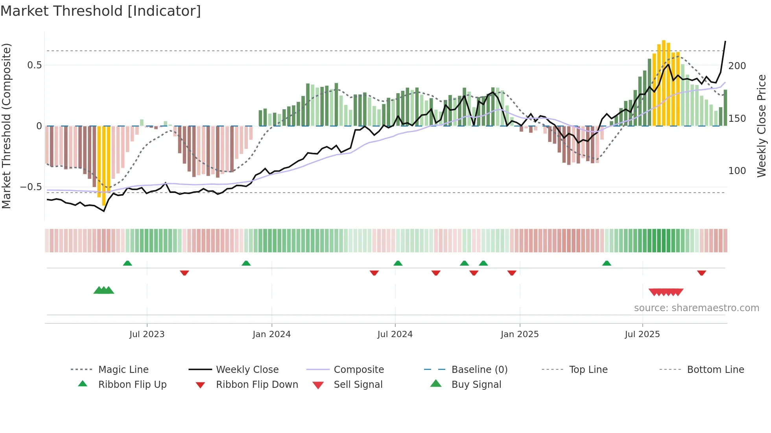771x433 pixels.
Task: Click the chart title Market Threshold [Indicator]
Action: [x=101, y=11]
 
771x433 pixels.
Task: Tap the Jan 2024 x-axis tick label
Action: [x=271, y=334]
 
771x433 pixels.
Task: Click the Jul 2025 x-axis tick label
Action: [x=642, y=334]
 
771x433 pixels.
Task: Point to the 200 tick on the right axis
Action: [x=737, y=66]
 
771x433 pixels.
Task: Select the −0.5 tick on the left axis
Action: [x=31, y=187]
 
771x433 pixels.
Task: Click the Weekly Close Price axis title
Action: [x=762, y=126]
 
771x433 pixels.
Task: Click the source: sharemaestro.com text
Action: [x=696, y=308]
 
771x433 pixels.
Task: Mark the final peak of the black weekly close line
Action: [x=725, y=41]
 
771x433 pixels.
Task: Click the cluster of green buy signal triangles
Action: [x=103, y=290]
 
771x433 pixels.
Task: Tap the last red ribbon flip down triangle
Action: [x=701, y=273]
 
